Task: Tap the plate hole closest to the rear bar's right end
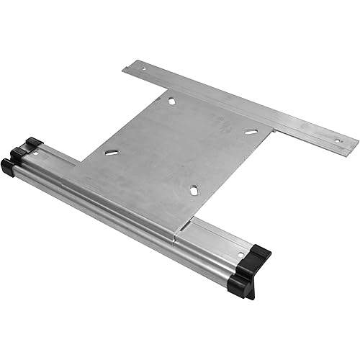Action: (x=251, y=132)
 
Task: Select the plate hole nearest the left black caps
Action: (x=112, y=152)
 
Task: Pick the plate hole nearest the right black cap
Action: (x=194, y=190)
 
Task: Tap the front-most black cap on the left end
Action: (x=8, y=167)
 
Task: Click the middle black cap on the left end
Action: (x=17, y=153)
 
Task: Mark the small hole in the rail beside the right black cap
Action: (x=240, y=255)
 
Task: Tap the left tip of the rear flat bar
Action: (x=125, y=70)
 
